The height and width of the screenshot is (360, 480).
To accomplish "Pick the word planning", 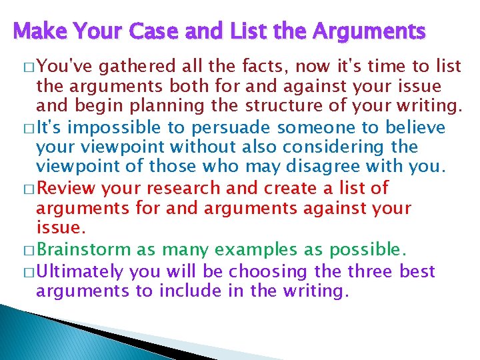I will (209, 106).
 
